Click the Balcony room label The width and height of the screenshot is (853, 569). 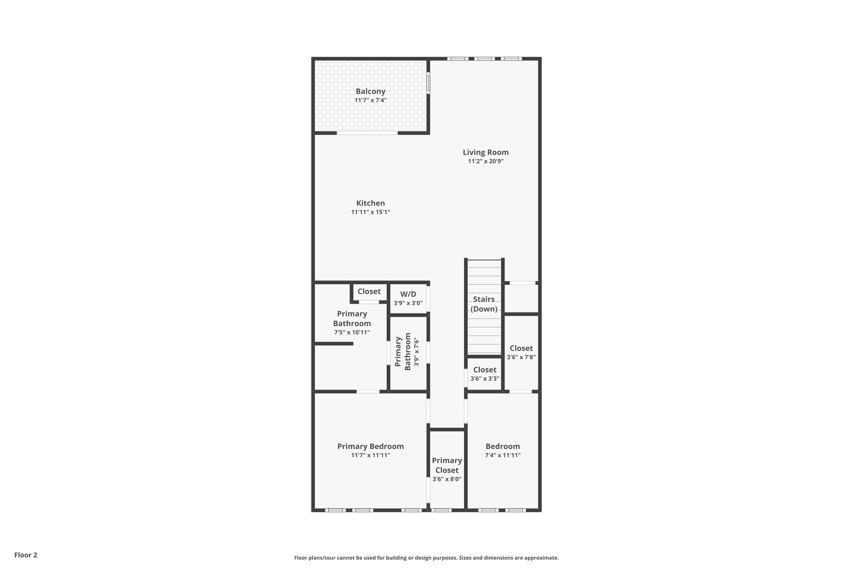[x=370, y=91]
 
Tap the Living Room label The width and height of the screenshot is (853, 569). [x=486, y=152]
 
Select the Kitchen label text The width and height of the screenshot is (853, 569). [x=370, y=203]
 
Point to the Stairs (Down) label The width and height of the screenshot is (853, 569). [x=484, y=304]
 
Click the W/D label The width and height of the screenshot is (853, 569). [x=408, y=294]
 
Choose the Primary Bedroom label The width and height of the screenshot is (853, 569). [x=370, y=446]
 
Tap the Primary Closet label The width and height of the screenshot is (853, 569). [x=446, y=465]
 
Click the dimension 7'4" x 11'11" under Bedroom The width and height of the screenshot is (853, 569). [x=503, y=455]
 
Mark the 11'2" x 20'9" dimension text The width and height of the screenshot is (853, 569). [x=486, y=161]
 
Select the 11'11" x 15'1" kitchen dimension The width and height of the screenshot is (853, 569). [x=370, y=212]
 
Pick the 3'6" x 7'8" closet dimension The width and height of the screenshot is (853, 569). [x=521, y=357]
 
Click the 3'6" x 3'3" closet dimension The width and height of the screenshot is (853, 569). [x=485, y=379]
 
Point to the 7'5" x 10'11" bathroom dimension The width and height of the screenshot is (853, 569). [x=352, y=333]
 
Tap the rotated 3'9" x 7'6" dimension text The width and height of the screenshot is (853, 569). [x=416, y=352]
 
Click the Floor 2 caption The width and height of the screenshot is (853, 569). [x=26, y=555]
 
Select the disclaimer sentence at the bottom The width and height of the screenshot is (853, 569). [x=426, y=558]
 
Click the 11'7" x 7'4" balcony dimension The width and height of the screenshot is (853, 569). [x=370, y=100]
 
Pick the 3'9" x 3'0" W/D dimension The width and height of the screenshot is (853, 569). [x=408, y=303]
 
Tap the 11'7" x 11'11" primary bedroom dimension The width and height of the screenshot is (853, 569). [x=370, y=455]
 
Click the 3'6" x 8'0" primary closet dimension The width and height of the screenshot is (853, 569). [x=446, y=479]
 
